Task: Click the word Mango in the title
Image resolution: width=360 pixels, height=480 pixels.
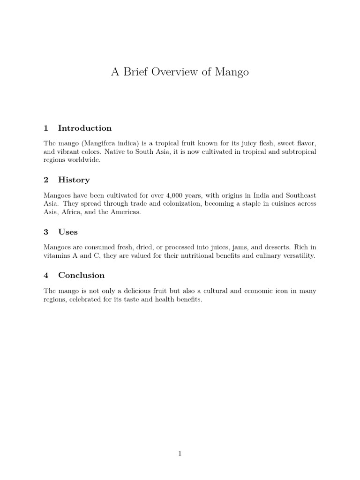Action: click(232, 72)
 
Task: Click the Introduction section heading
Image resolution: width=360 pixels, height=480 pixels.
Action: click(85, 128)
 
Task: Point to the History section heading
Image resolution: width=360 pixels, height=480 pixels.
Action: click(74, 180)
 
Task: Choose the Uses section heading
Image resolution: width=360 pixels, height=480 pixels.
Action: click(68, 232)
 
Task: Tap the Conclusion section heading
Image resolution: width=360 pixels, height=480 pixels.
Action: click(81, 275)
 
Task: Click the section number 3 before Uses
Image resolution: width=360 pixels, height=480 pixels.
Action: click(46, 232)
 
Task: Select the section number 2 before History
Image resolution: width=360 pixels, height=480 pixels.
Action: click(46, 180)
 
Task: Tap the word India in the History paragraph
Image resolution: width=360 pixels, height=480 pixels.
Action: click(251, 195)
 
